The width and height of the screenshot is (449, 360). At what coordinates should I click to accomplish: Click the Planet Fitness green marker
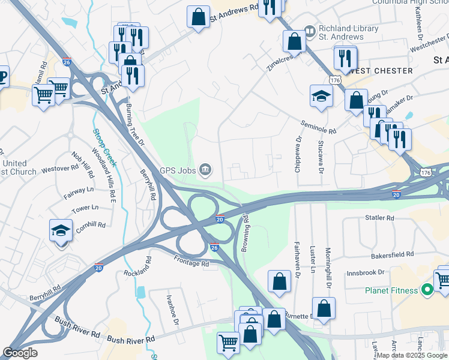427,291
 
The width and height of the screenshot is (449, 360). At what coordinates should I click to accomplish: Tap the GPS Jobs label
178,170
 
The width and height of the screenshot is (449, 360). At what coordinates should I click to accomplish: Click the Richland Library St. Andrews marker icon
310,29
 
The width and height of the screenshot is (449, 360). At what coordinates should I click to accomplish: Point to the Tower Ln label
85,208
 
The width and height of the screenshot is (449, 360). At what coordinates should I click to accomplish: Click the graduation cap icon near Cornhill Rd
61,230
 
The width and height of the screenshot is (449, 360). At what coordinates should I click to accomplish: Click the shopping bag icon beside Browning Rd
279,281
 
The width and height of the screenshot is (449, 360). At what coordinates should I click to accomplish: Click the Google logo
20,353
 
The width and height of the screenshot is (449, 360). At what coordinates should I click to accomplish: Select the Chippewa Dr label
298,155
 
